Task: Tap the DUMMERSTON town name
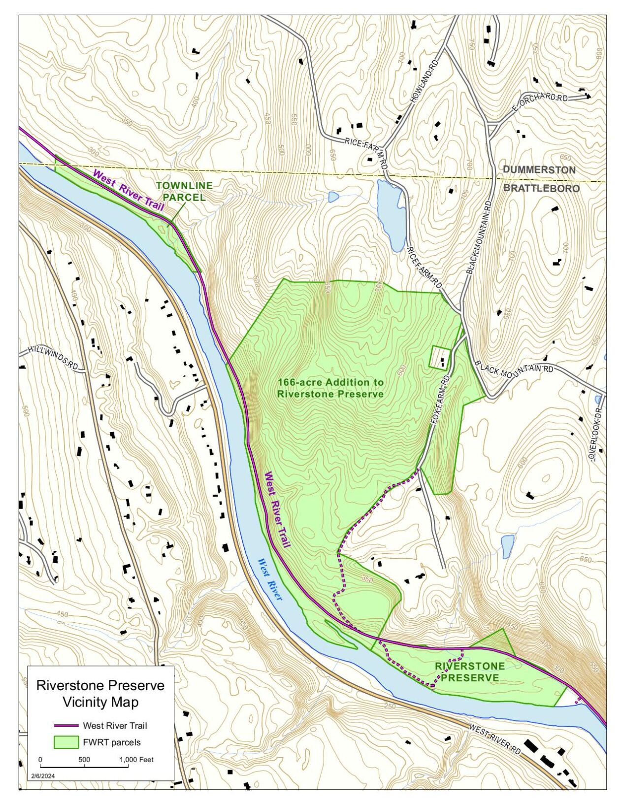(x=539, y=170)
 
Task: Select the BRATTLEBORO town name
(x=541, y=188)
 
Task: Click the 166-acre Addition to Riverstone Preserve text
(x=330, y=388)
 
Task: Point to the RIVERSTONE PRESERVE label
(x=470, y=672)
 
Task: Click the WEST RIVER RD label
(x=494, y=739)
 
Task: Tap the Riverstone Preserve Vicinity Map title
(x=100, y=693)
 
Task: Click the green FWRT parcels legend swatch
(x=66, y=742)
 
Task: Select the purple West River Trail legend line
(x=66, y=725)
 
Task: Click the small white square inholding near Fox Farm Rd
(x=440, y=357)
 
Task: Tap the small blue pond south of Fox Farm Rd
(x=507, y=546)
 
